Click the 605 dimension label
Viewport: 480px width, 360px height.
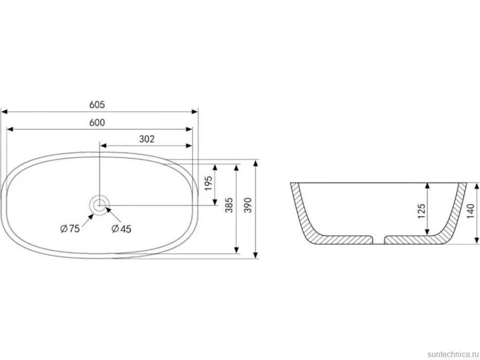pos(97,105)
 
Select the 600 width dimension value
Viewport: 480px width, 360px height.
pos(97,122)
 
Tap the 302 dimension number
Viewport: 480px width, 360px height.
pos(146,139)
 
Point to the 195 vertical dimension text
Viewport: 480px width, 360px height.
pos(208,183)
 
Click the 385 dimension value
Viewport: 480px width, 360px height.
pos(229,205)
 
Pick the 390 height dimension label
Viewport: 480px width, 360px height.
pos(248,205)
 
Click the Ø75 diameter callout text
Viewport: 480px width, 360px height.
pos(70,228)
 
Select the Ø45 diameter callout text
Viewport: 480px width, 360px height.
pos(121,228)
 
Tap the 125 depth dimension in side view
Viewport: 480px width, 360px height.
pos(422,211)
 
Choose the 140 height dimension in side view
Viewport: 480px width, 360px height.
pos(471,211)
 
